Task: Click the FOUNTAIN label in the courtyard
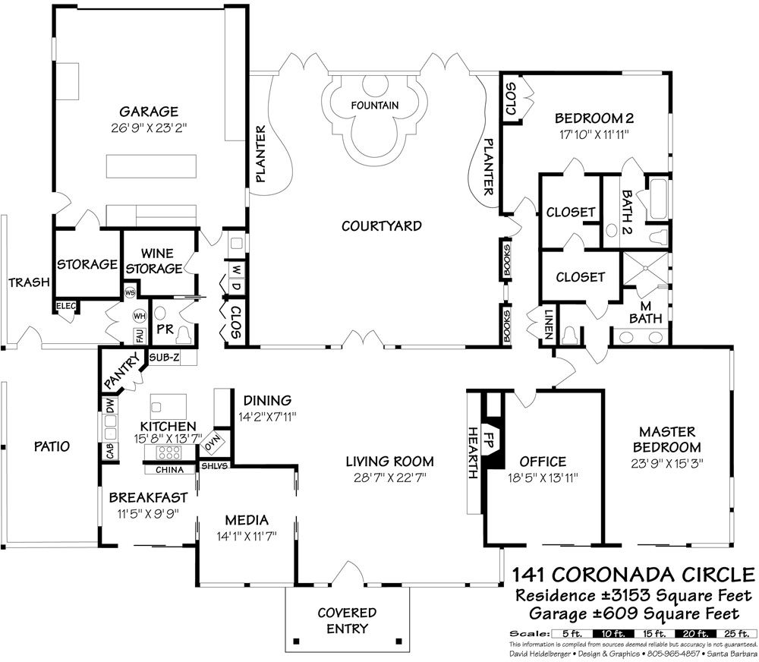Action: [375, 105]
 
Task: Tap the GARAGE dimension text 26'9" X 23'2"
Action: [149, 128]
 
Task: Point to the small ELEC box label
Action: [66, 306]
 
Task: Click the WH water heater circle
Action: [140, 317]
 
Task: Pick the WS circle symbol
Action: [130, 292]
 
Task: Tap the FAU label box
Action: [140, 336]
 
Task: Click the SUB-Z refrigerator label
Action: [164, 358]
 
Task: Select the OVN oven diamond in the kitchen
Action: [213, 443]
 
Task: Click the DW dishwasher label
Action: [110, 405]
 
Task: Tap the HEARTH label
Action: [474, 452]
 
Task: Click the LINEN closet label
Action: [549, 324]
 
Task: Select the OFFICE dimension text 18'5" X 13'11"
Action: [543, 478]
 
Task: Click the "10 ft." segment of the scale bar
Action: [613, 634]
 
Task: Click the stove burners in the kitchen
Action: [168, 452]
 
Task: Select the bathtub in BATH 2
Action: [659, 199]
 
